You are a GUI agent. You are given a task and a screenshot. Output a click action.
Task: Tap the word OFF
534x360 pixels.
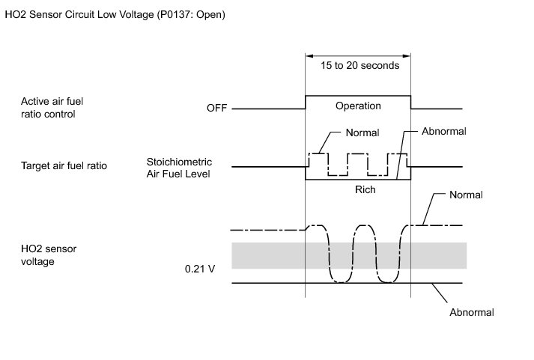tap(216, 109)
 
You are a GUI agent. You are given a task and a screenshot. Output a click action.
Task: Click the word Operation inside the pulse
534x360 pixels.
tap(358, 106)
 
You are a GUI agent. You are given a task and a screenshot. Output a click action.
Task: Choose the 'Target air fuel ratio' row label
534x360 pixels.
tap(64, 165)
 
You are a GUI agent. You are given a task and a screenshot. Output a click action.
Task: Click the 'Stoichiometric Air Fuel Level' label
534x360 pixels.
tap(180, 167)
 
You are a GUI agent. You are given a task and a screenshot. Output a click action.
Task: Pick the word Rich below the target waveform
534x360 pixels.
tap(365, 189)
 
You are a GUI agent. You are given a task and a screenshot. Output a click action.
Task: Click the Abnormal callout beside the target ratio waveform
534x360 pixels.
tap(444, 131)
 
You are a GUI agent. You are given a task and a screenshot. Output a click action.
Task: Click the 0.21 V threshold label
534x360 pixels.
tap(200, 267)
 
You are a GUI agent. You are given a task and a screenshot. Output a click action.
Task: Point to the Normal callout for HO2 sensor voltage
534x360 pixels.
tap(466, 195)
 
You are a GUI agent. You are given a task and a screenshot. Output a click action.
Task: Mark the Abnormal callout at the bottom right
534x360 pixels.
tap(472, 312)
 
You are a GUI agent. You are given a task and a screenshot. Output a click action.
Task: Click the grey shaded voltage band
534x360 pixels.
tap(348, 255)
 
